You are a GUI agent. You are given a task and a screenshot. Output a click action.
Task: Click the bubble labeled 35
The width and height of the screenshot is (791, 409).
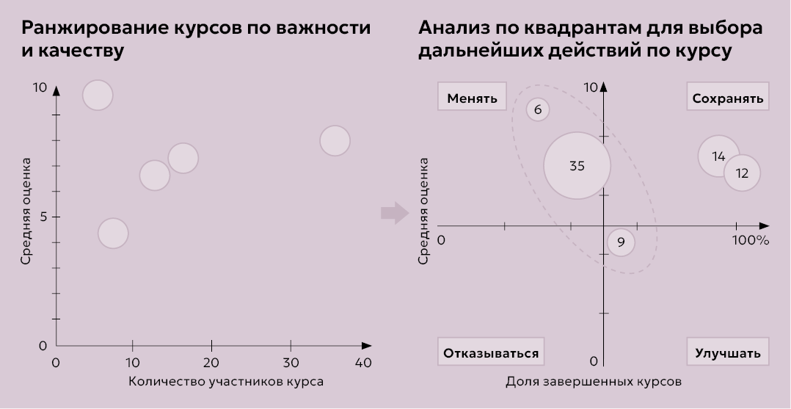click(577, 166)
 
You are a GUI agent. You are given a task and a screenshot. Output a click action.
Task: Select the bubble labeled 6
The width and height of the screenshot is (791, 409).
click(538, 110)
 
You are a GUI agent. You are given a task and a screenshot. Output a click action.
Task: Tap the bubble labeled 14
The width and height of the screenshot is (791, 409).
click(718, 156)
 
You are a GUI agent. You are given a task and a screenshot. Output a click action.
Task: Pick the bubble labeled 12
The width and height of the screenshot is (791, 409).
click(742, 173)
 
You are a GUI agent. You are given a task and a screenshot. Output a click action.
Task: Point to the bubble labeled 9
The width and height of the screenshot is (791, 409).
click(621, 242)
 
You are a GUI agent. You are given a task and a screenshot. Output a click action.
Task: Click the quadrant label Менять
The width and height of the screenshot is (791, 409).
click(473, 98)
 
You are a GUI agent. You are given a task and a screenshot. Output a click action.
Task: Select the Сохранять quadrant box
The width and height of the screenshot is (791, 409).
click(728, 98)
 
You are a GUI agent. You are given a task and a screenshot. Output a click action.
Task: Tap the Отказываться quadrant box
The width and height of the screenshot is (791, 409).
click(491, 352)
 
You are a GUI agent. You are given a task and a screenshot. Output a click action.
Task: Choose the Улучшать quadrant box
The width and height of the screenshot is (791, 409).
click(728, 352)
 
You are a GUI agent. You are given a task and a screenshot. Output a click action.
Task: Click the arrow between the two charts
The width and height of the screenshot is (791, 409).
click(394, 213)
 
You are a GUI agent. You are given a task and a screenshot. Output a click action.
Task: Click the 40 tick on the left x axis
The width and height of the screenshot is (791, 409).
click(363, 362)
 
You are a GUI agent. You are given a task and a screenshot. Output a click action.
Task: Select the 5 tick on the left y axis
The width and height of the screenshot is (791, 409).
click(42, 217)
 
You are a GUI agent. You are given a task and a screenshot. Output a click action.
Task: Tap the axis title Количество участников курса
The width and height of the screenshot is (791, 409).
click(226, 382)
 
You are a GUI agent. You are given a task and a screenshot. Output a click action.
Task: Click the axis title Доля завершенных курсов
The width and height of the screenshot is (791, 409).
click(594, 382)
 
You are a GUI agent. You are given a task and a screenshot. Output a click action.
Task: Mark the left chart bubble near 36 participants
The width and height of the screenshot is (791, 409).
click(335, 140)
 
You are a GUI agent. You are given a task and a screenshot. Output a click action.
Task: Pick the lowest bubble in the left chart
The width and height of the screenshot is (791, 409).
click(112, 234)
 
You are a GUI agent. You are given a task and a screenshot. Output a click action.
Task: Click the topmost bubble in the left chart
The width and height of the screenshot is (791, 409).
click(98, 95)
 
